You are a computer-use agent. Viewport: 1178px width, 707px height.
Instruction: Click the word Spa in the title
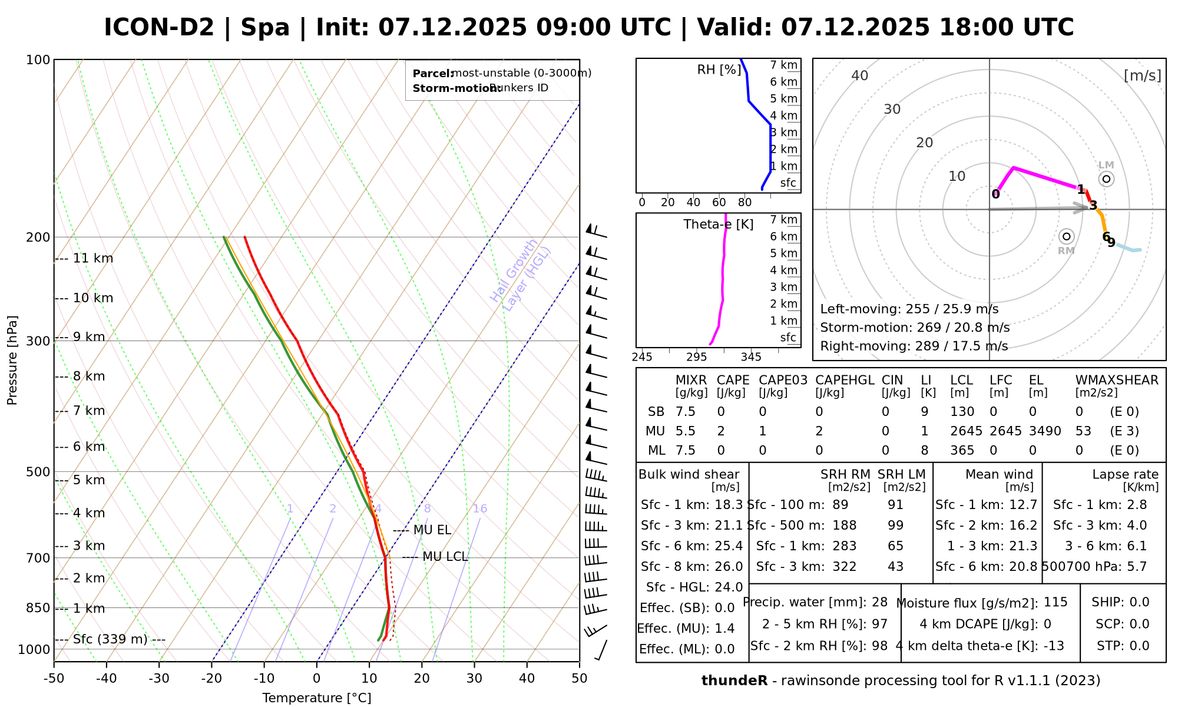(265, 28)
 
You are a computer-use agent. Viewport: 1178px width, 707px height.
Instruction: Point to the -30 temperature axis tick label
(158, 678)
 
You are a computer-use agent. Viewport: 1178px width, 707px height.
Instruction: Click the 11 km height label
(92, 258)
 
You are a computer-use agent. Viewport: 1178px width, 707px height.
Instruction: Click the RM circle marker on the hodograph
(1066, 236)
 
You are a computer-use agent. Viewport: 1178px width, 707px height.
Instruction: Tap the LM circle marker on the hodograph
(1106, 179)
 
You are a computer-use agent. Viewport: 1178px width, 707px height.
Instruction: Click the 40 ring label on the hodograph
(860, 75)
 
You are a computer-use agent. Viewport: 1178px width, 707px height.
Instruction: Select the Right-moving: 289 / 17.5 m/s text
(914, 346)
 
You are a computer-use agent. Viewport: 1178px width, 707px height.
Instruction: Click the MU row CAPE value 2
(721, 431)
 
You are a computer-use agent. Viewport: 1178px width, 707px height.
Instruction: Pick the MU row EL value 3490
(1045, 431)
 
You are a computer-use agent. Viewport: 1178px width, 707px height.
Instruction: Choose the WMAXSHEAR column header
(1117, 380)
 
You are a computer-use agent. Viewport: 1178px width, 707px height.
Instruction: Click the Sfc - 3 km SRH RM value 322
(845, 567)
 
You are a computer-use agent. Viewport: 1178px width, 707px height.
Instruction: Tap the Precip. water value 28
(879, 602)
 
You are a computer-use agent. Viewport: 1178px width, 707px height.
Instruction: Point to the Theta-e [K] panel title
(718, 224)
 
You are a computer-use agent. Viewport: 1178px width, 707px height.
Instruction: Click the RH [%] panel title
(719, 70)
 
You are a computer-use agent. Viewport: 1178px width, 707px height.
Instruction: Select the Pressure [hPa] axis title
(12, 360)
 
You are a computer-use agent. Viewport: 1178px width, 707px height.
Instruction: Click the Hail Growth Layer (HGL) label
(521, 275)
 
